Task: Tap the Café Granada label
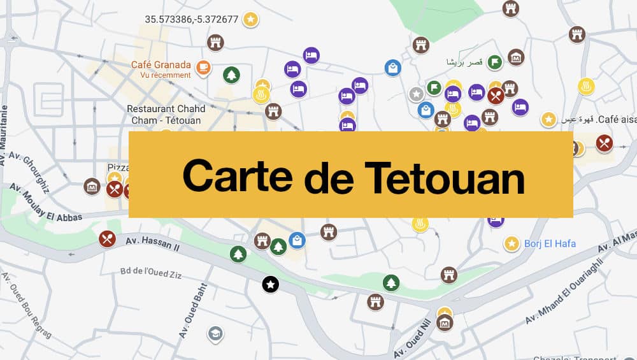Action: (x=161, y=65)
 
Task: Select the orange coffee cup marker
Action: (x=203, y=66)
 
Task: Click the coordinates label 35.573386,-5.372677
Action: (x=191, y=19)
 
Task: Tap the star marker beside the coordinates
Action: (x=251, y=19)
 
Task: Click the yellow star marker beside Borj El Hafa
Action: (x=511, y=243)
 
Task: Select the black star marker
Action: (x=271, y=284)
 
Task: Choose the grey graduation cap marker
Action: (x=215, y=333)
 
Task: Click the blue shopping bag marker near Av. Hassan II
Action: (x=296, y=240)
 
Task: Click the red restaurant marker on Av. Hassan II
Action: (x=107, y=238)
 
